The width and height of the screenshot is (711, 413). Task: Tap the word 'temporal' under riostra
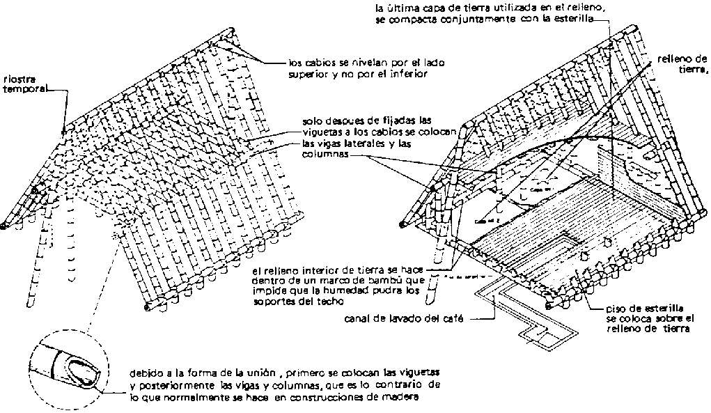pyautogui.click(x=24, y=89)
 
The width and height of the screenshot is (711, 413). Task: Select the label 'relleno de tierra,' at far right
pyautogui.click(x=682, y=63)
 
